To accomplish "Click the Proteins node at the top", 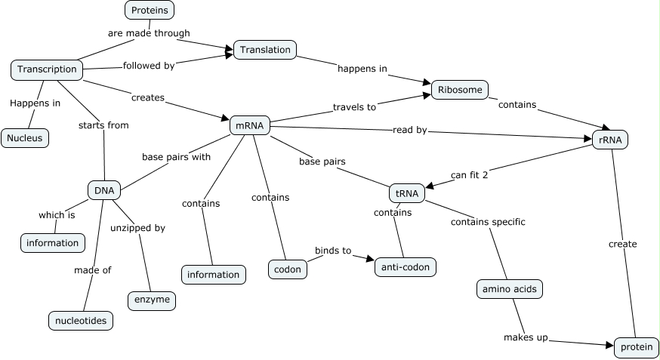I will (x=150, y=10).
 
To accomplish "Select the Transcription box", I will (x=47, y=69).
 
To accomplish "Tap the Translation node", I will (x=265, y=50).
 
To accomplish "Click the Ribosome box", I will (x=459, y=90).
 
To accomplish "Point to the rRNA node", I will (x=609, y=139).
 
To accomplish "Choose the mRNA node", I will (x=249, y=125).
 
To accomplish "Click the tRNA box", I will (x=406, y=193).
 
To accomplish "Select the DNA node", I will (x=103, y=190).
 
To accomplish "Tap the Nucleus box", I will (x=25, y=137).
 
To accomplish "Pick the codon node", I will (x=287, y=269).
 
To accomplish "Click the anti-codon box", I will (x=406, y=266).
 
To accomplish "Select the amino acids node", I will (x=510, y=288).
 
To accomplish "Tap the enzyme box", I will (x=152, y=300).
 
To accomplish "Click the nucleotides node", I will (x=82, y=320).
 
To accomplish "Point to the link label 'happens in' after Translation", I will (x=362, y=69).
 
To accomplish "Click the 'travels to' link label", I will (x=354, y=107).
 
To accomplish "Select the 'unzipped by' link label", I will (x=137, y=227).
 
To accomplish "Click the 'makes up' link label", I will (x=526, y=337).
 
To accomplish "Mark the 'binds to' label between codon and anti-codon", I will (x=333, y=251).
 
